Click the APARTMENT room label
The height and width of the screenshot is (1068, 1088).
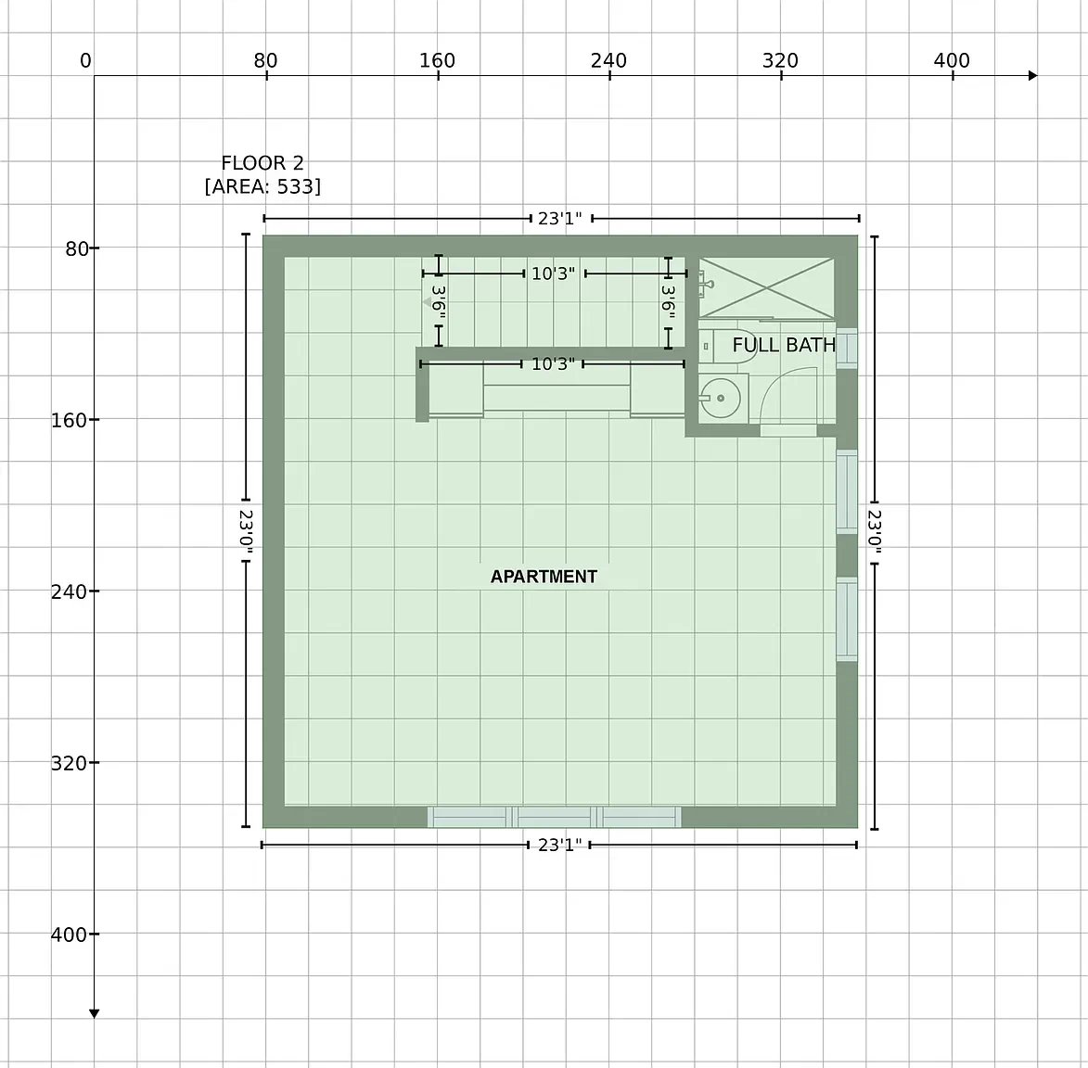pos(544,577)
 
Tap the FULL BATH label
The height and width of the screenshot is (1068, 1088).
pos(784,345)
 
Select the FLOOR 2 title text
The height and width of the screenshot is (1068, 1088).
pos(262,163)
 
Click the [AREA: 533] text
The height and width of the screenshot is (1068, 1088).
pos(262,186)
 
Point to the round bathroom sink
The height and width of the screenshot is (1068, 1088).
pos(720,398)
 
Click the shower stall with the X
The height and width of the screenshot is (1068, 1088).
pos(766,287)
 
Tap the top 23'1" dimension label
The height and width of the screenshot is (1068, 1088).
pos(560,219)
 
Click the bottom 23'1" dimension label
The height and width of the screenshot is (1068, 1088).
pos(559,845)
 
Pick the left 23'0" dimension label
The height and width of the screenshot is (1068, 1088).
pos(246,530)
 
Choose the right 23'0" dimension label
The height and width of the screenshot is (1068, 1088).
pos(875,532)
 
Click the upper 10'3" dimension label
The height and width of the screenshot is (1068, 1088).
pos(553,273)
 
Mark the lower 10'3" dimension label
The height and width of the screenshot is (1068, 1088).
pos(553,364)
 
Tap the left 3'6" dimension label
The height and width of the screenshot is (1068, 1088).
pos(439,302)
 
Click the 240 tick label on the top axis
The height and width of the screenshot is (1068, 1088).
pos(608,60)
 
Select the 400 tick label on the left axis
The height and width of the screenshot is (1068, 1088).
pos(68,934)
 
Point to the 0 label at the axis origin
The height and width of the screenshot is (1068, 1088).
pos(85,60)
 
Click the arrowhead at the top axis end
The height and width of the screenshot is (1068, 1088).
pos(1032,76)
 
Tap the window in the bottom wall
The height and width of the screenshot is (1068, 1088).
pos(555,817)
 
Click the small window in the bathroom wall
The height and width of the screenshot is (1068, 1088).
pos(847,349)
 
